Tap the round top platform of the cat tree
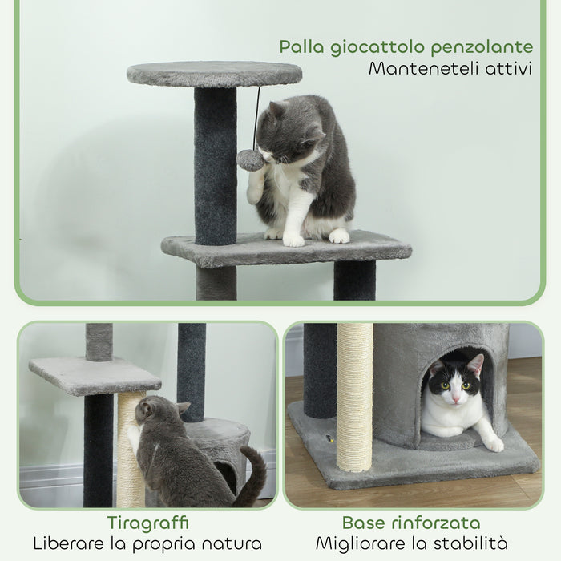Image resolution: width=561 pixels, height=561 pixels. pyautogui.click(x=214, y=74)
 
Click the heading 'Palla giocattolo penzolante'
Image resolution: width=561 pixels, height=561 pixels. pyautogui.click(x=406, y=46)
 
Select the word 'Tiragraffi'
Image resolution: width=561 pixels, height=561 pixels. pyautogui.click(x=147, y=523)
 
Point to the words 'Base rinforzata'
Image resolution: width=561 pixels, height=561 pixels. pyautogui.click(x=411, y=523)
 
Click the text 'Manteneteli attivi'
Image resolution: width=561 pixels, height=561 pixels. pyautogui.click(x=450, y=68)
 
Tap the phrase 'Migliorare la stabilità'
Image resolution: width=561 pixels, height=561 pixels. pyautogui.click(x=411, y=543)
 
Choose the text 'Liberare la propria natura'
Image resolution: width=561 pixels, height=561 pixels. pyautogui.click(x=147, y=543)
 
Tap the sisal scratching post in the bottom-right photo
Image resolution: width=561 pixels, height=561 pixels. pyautogui.click(x=354, y=397)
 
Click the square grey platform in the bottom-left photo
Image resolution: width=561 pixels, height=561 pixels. pyautogui.click(x=95, y=374)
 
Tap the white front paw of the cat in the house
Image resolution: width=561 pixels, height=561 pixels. pyautogui.click(x=493, y=442)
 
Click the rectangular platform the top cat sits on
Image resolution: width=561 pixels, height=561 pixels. pyautogui.click(x=286, y=248)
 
